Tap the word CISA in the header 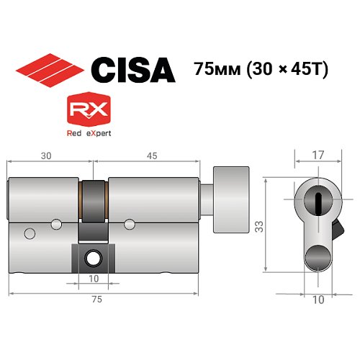pyautogui.click(x=132, y=69)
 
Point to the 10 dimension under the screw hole pyautogui.click(x=93, y=278)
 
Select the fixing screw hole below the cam pyautogui.click(x=93, y=256)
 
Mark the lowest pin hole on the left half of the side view pyautogui.click(x=30, y=232)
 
